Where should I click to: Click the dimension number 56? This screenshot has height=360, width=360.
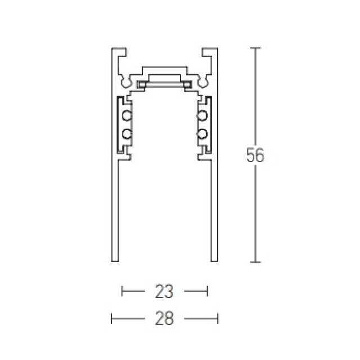255,155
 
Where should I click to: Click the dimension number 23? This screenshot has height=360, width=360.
164,291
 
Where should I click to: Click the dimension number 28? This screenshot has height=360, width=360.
164,318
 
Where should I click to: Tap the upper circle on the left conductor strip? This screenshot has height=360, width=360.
127,115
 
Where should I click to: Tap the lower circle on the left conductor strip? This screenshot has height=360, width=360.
127,134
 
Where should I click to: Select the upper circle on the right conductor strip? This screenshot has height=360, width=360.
202,115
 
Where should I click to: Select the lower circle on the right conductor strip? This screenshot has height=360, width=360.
202,134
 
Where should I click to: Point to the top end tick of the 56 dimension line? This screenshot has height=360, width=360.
255,48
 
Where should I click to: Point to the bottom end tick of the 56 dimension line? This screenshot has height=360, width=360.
255,262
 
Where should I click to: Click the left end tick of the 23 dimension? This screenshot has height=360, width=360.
122,291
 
